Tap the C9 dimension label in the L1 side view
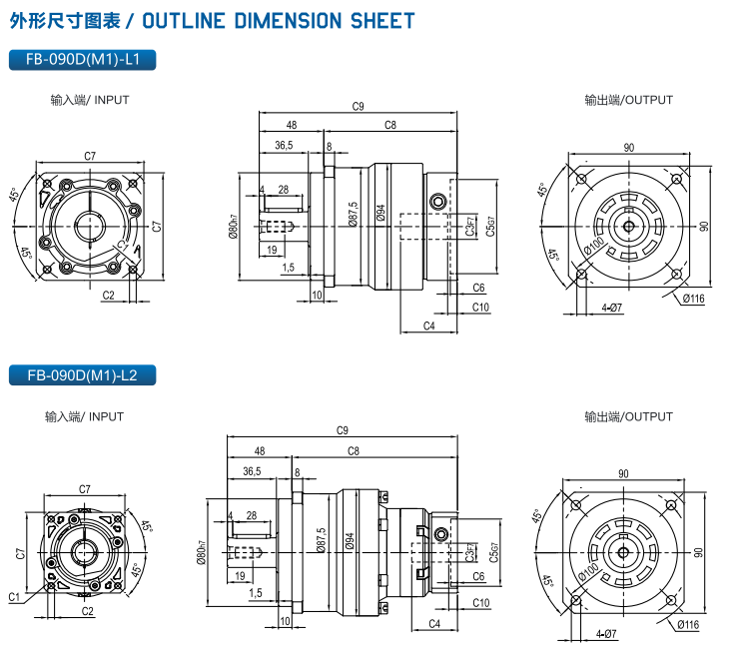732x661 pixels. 358,106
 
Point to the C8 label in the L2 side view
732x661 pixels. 354,451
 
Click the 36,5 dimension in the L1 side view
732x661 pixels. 284,146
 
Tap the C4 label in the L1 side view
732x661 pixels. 428,326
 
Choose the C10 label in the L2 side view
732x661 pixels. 480,603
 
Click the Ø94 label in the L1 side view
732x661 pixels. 380,214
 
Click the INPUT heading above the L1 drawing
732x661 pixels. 90,100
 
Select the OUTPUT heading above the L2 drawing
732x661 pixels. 629,416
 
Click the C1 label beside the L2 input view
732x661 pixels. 14,597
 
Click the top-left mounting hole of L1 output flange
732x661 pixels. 580,180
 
